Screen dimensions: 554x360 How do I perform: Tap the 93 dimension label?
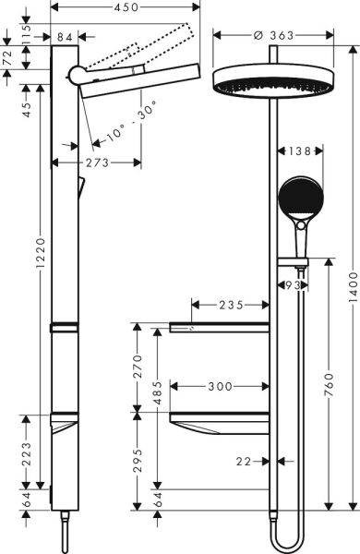coord(294,285)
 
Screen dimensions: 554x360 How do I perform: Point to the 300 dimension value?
coord(219,385)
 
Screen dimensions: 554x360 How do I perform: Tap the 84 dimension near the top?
coord(65,37)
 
